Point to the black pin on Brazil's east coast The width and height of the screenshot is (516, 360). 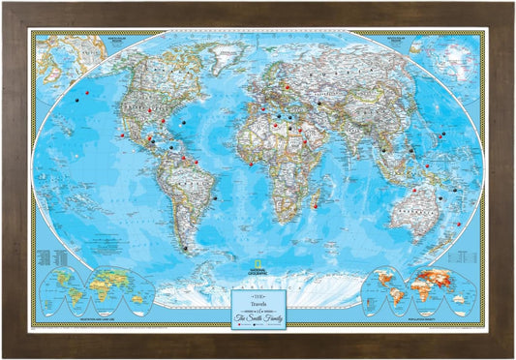click(x=213, y=199)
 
